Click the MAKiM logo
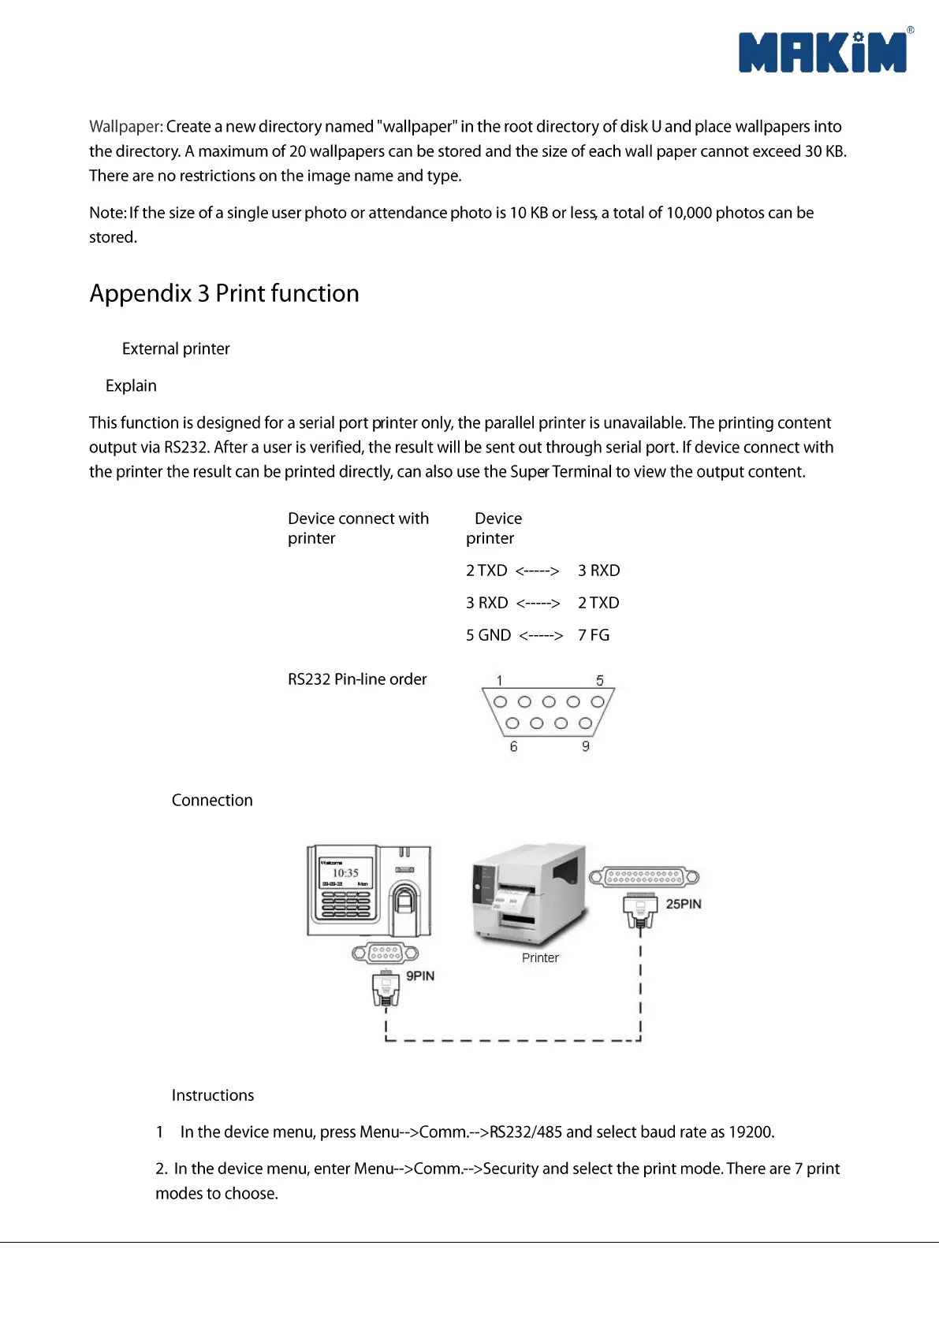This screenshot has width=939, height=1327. pyautogui.click(x=823, y=53)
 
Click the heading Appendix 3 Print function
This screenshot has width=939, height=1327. pyautogui.click(x=224, y=293)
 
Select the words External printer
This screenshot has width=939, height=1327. pyautogui.click(x=176, y=349)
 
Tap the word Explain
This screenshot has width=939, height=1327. pyautogui.click(x=131, y=386)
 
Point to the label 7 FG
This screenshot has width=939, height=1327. pyautogui.click(x=594, y=635)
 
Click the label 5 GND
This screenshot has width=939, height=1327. pyautogui.click(x=488, y=635)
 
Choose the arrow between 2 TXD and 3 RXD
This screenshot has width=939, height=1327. pyautogui.click(x=537, y=571)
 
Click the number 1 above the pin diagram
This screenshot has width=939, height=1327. pyautogui.click(x=499, y=680)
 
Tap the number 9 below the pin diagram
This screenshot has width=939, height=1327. pyautogui.click(x=586, y=746)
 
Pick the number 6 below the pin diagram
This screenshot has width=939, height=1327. pyautogui.click(x=513, y=746)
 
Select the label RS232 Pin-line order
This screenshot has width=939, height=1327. pyautogui.click(x=357, y=679)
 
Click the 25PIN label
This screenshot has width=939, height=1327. pyautogui.click(x=683, y=904)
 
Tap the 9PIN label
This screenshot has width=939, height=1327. pyautogui.click(x=420, y=976)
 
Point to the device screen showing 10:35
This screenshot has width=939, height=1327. pyautogui.click(x=345, y=873)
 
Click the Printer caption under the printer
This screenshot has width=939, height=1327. pyautogui.click(x=540, y=957)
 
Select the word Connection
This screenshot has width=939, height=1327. pyautogui.click(x=212, y=801)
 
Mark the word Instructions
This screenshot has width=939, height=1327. pyautogui.click(x=213, y=1095)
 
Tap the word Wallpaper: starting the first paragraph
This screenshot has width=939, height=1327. pyautogui.click(x=126, y=127)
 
